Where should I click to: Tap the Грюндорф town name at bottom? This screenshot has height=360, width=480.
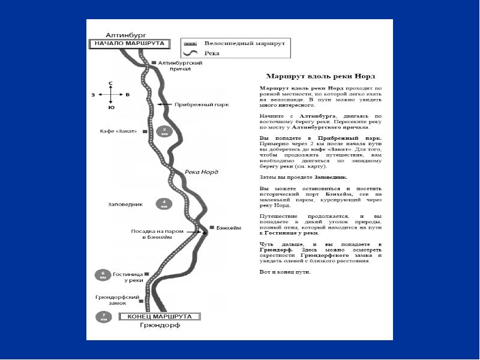(x=160, y=326)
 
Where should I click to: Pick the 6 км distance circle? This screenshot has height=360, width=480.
(x=103, y=275)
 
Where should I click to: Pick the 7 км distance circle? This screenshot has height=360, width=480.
(x=103, y=317)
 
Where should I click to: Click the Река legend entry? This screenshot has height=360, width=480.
(x=211, y=53)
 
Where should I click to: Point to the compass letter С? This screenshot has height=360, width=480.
(x=110, y=82)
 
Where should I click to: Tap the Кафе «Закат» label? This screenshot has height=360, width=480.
(x=119, y=131)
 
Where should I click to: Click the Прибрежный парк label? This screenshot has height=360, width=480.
(x=201, y=104)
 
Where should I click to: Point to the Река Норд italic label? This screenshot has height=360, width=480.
(x=202, y=172)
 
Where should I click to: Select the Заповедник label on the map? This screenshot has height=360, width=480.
(x=125, y=204)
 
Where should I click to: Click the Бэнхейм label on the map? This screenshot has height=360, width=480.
(x=228, y=228)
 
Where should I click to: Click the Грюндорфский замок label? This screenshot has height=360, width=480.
(x=118, y=300)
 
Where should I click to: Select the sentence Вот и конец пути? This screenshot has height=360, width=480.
(x=284, y=272)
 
